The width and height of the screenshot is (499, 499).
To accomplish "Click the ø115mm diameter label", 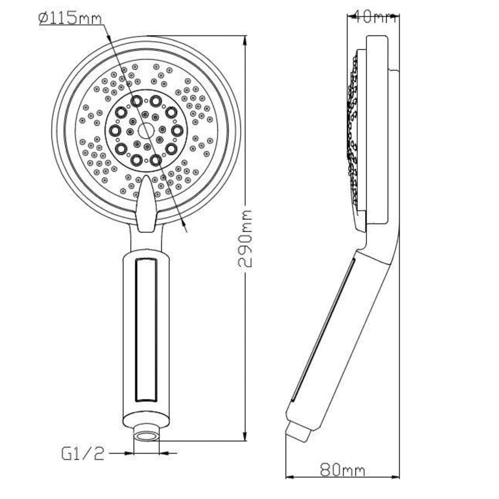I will pos(70,18).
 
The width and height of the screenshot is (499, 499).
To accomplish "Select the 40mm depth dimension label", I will pos(372,17).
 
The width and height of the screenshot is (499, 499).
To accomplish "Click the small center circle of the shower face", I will pos(146,131).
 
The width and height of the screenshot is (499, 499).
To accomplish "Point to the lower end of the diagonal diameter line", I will pos(187,229).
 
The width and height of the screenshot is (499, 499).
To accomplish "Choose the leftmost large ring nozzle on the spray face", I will pos(115,131).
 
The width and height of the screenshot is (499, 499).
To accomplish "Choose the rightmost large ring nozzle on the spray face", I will pos(177,131).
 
